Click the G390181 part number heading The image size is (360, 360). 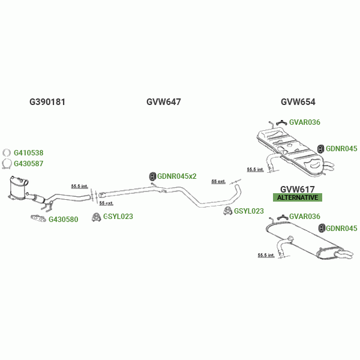[x=47, y=102]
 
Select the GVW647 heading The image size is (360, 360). [x=163, y=102]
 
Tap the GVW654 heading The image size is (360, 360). [x=298, y=102]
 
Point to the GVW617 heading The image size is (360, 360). [x=298, y=189]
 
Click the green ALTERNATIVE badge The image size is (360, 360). [x=298, y=197]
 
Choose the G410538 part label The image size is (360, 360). [x=28, y=153]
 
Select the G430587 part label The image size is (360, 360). [x=28, y=163]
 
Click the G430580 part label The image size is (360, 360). [x=63, y=219]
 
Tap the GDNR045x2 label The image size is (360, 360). [x=177, y=176]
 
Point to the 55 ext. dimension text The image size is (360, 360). [x=218, y=181]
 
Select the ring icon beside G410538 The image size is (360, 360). [x=7, y=153]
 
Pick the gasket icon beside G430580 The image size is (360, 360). [x=38, y=218]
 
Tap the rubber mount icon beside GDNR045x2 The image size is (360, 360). [x=152, y=176]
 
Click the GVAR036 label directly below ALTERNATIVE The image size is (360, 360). [x=305, y=217]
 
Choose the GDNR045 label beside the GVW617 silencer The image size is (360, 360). [x=341, y=228]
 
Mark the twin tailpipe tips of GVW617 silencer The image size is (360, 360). [x=346, y=256]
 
